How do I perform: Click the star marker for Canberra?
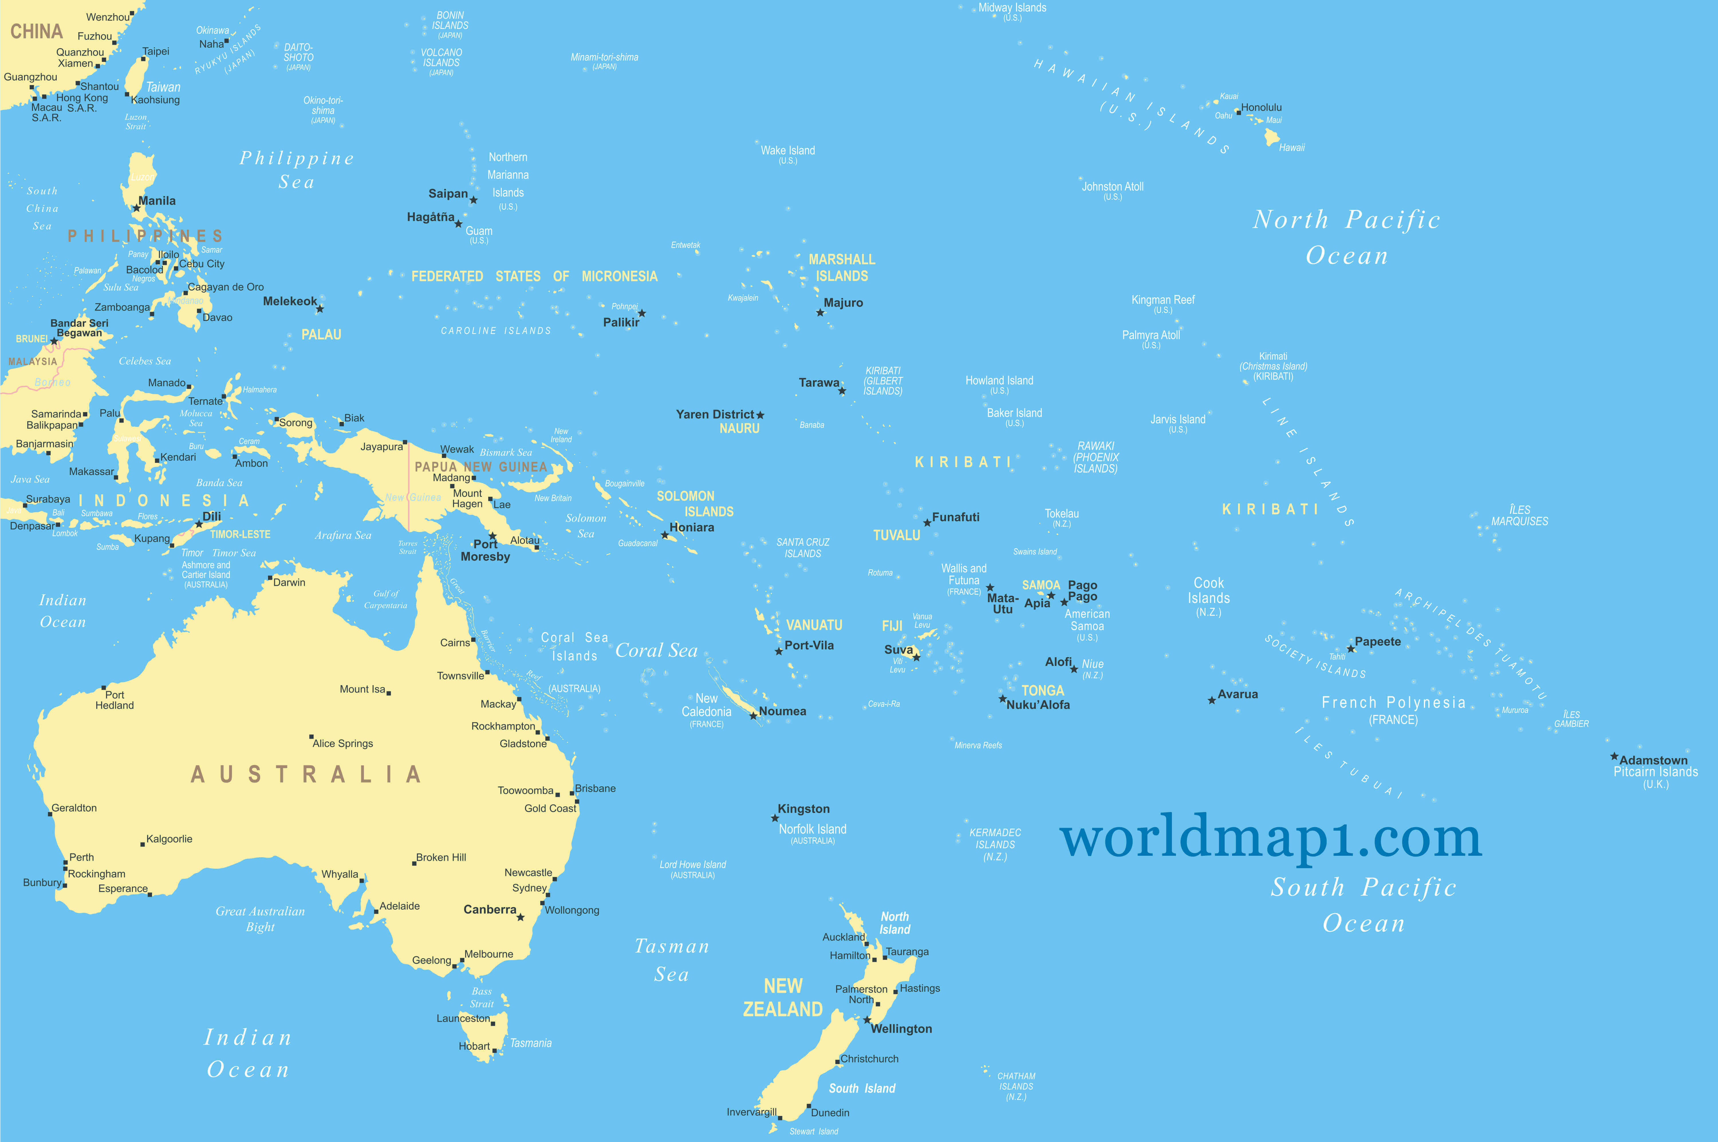point(521,917)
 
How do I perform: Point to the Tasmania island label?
point(531,1043)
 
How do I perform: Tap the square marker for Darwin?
point(270,578)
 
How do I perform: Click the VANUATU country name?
point(814,625)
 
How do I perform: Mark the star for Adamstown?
point(1614,757)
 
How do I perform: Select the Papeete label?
point(1377,642)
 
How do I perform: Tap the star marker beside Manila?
point(136,208)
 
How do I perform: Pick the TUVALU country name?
point(896,535)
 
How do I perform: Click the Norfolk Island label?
point(812,830)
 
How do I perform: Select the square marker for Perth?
point(66,863)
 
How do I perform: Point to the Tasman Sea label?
point(671,960)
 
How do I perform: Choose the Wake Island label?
point(788,151)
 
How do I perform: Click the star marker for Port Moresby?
point(493,536)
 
